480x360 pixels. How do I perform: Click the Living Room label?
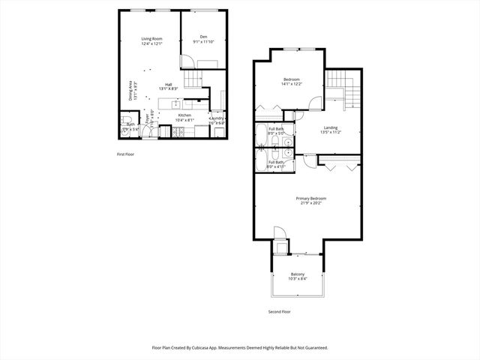pyautogui.click(x=152, y=41)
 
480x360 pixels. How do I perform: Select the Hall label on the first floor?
pyautogui.click(x=168, y=86)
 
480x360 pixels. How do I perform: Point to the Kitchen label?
pyautogui.click(x=184, y=117)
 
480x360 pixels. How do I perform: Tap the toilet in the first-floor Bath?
pyautogui.click(x=125, y=121)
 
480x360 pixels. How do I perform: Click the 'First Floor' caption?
pyautogui.click(x=125, y=154)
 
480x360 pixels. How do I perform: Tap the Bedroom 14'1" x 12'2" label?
pyautogui.click(x=291, y=82)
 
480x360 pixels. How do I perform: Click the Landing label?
pyautogui.click(x=330, y=130)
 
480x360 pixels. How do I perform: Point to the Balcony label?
pyautogui.click(x=298, y=277)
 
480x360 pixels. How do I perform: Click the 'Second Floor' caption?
pyautogui.click(x=279, y=311)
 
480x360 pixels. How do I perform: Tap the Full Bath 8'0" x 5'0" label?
pyautogui.click(x=275, y=131)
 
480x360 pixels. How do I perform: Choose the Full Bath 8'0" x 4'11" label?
pyautogui.click(x=275, y=164)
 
